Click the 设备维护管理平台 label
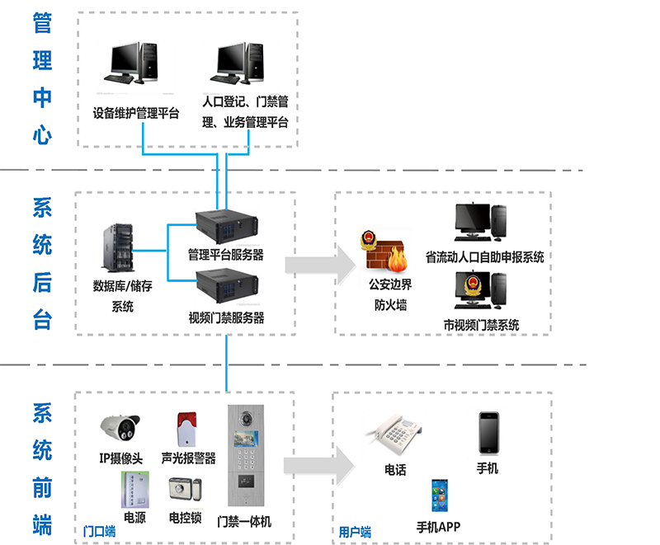point(136,114)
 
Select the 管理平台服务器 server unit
point(225,228)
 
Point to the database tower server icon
point(115,247)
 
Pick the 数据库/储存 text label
point(123,287)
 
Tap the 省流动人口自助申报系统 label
point(484,256)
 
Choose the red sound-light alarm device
point(186,430)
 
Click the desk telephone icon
point(394,436)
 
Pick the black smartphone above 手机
point(487,432)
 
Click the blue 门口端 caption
point(99,531)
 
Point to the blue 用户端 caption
point(355,532)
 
